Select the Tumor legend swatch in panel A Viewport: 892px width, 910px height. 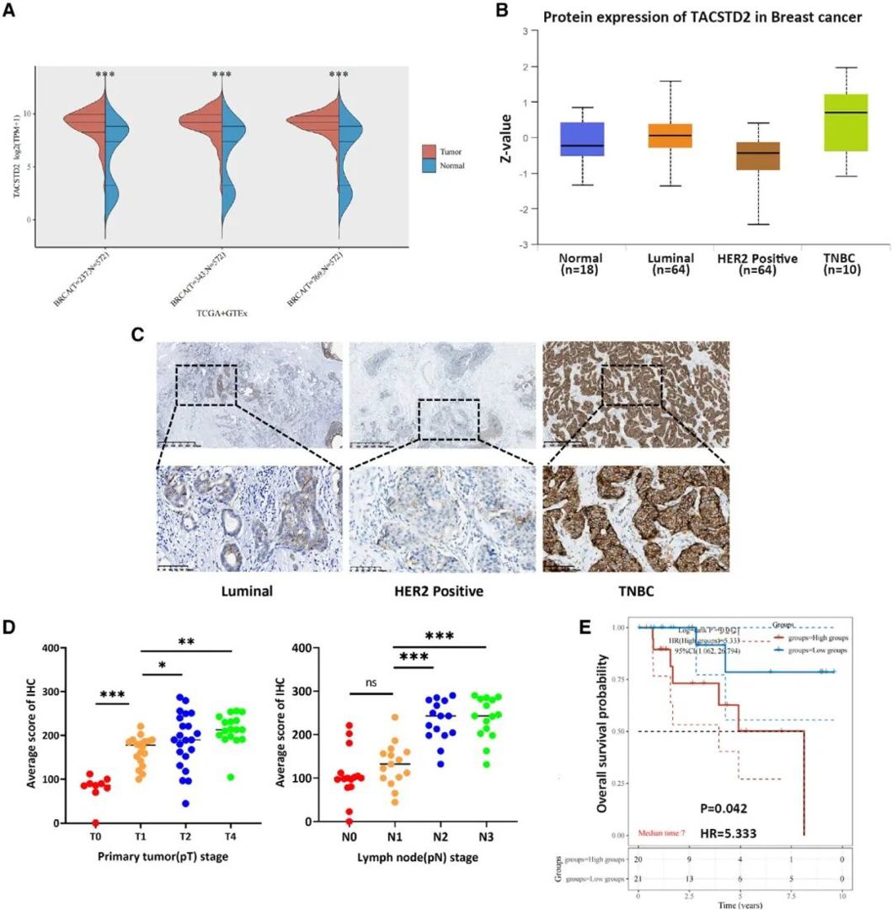[x=429, y=152]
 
